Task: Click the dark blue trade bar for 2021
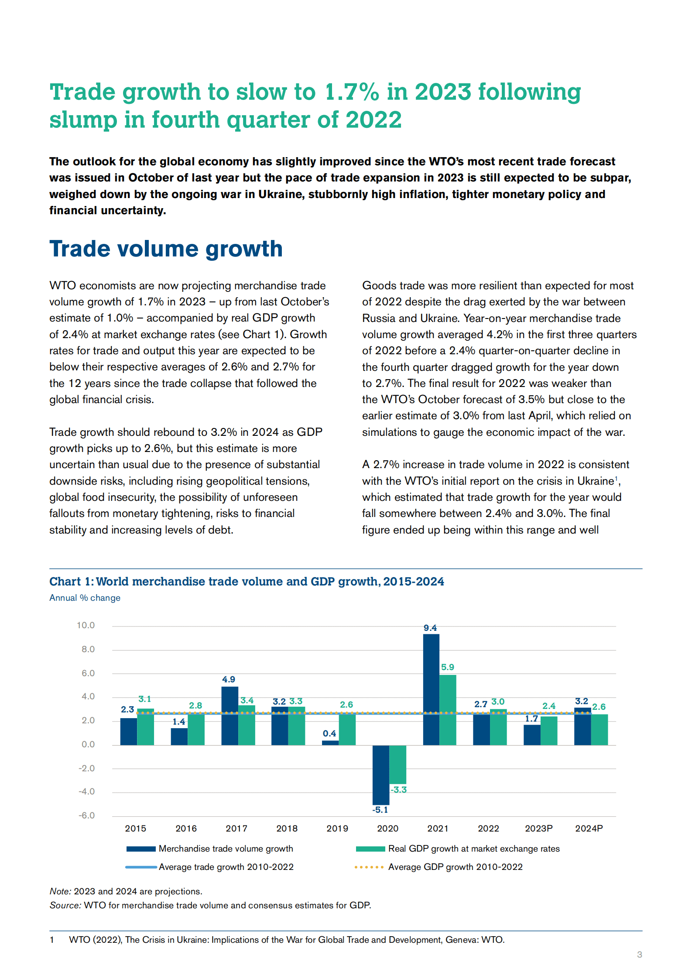click(431, 689)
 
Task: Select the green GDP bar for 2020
click(397, 764)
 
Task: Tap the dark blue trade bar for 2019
click(330, 743)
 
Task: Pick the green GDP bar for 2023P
click(549, 730)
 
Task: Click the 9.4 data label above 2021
click(430, 628)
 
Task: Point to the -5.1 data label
click(380, 810)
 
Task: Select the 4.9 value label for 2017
click(229, 679)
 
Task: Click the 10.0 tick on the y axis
click(86, 625)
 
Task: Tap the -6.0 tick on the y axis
click(86, 815)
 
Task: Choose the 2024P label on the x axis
click(589, 828)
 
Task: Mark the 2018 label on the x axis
click(287, 828)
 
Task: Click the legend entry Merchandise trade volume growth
click(226, 849)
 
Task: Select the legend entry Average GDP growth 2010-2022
click(455, 867)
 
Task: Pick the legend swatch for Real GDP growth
click(370, 849)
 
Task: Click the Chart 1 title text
click(247, 582)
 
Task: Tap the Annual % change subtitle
click(85, 598)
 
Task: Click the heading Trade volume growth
click(166, 249)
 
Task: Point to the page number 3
click(640, 955)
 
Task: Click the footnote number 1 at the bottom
click(52, 940)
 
